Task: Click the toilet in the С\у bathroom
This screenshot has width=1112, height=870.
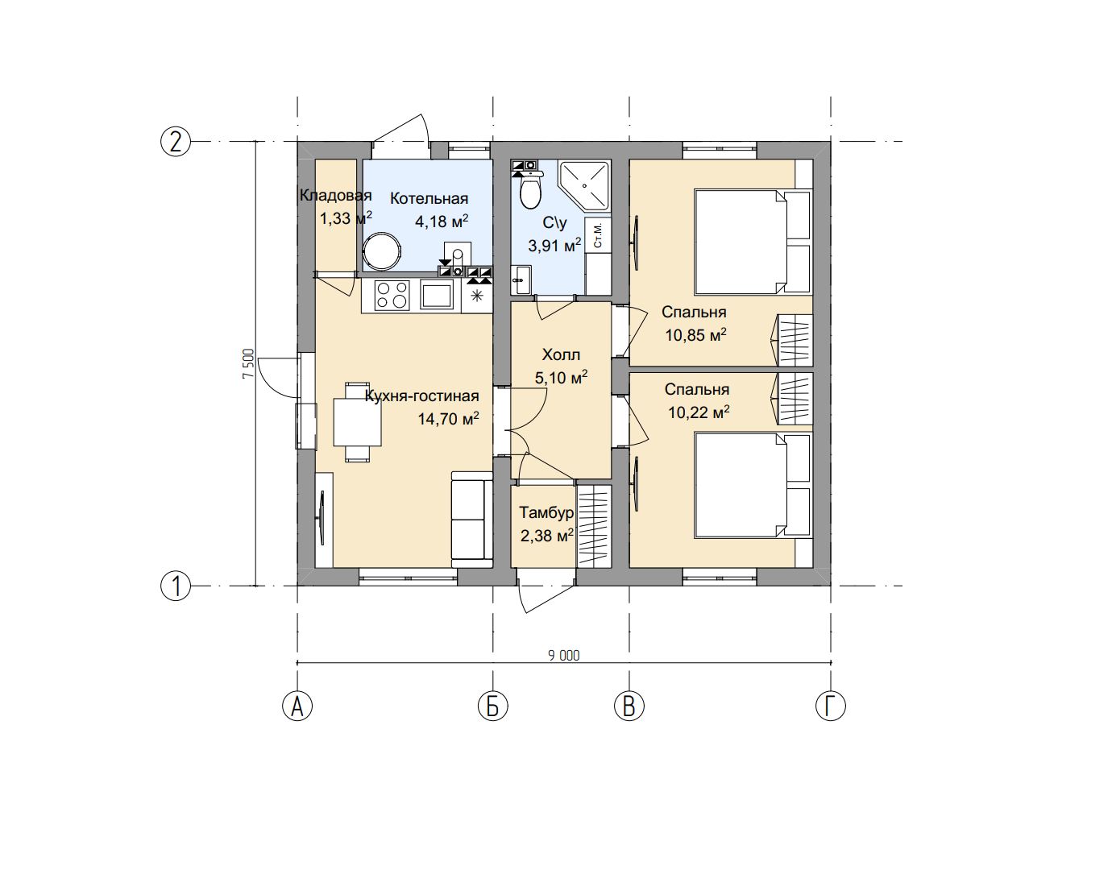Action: coord(531,190)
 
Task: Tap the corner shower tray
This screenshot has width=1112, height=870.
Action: coord(584,186)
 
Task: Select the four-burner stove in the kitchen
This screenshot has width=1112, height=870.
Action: coord(392,295)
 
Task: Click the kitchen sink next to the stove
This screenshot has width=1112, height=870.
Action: coord(437,296)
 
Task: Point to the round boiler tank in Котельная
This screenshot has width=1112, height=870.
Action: coord(382,251)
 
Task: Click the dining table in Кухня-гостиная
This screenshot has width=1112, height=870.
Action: coord(357,422)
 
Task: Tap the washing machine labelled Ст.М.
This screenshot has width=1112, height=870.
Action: coord(598,234)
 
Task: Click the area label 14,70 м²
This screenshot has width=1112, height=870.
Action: coord(448,419)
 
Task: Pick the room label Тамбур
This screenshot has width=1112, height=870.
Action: coord(546,512)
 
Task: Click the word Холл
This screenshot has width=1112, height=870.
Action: coord(561,354)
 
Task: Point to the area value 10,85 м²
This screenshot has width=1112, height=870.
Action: coord(695,335)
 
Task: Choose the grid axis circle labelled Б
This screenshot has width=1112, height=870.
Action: coord(493,706)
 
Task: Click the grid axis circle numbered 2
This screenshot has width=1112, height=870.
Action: coord(176,142)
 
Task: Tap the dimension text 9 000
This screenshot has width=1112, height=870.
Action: coord(564,656)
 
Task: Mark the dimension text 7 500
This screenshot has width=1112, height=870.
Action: coord(248,363)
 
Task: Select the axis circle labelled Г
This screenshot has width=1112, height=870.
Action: coord(831,706)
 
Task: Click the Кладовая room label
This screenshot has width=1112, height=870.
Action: coord(335,196)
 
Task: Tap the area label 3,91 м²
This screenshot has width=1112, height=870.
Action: coord(554,246)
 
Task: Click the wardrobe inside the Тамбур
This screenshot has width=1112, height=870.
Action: coord(594,526)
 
